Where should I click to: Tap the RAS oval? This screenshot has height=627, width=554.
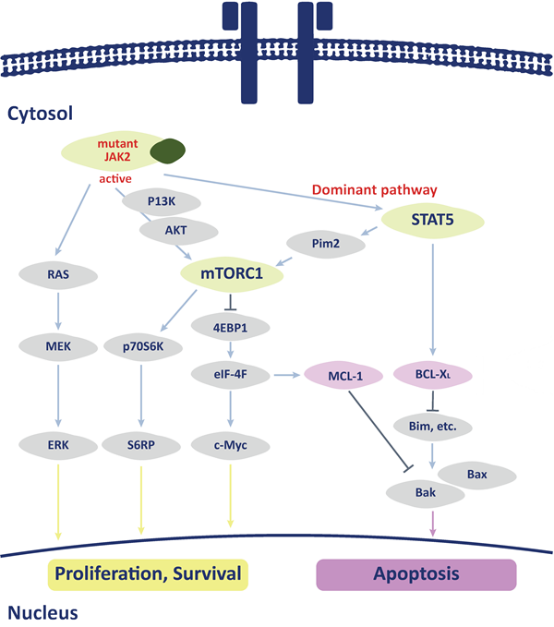[x=58, y=274]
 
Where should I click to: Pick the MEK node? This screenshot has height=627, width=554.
[x=58, y=348]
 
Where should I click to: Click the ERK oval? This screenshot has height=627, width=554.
[x=58, y=445]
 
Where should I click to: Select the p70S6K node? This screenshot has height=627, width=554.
[x=141, y=348]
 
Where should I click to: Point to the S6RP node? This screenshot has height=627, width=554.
[x=141, y=445]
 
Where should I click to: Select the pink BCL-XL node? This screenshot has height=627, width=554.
[x=432, y=375]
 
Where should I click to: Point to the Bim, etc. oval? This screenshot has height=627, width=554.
[x=432, y=424]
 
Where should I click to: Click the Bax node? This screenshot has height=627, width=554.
[x=476, y=473]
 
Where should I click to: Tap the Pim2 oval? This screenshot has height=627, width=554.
[x=322, y=243]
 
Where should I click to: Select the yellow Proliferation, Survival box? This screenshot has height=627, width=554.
[x=148, y=573]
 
